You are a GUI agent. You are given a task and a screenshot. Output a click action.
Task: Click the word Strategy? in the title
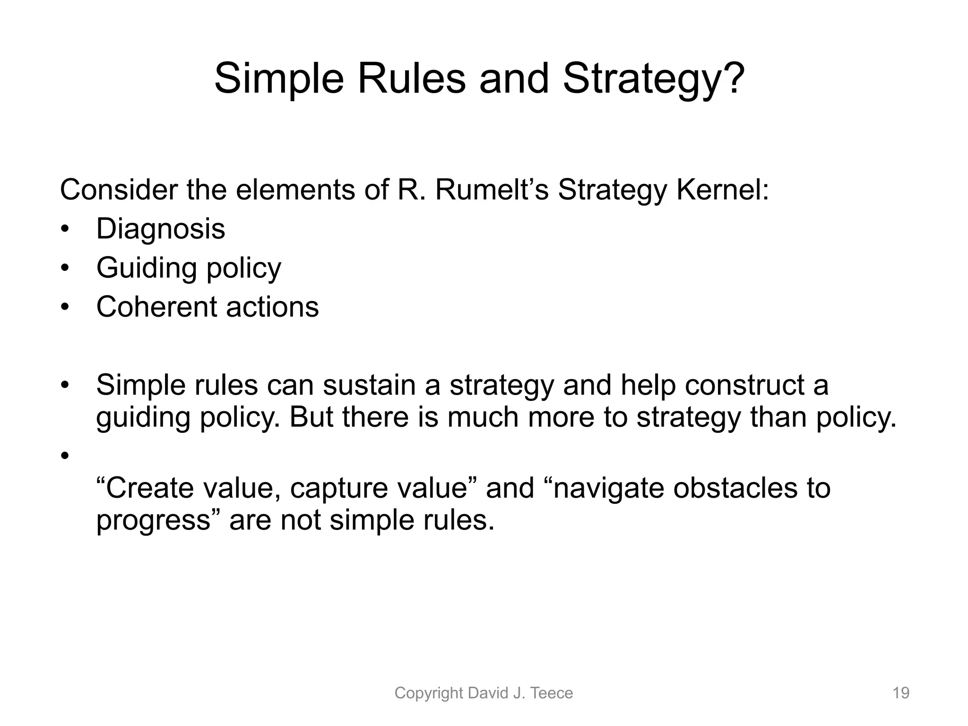pyautogui.click(x=654, y=79)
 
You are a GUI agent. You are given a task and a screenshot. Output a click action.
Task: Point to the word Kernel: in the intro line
pyautogui.click(x=723, y=190)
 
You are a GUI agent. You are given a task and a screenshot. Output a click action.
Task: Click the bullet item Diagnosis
pyautogui.click(x=161, y=229)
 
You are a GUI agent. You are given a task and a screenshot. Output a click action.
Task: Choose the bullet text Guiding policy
pyautogui.click(x=189, y=268)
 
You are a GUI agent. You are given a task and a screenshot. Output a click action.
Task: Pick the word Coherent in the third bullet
pyautogui.click(x=156, y=307)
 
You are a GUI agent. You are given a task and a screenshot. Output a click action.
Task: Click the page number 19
pyautogui.click(x=900, y=693)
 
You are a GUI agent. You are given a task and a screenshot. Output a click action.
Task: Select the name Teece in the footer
pyautogui.click(x=552, y=693)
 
